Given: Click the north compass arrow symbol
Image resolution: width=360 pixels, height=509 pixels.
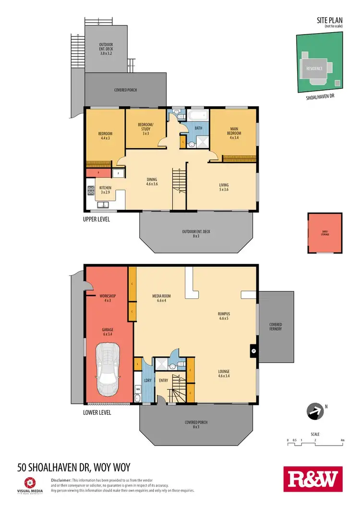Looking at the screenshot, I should (315, 411).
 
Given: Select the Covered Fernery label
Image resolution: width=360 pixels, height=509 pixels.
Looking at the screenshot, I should (275, 327).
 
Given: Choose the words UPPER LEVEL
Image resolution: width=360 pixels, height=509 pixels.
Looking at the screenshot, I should (96, 219).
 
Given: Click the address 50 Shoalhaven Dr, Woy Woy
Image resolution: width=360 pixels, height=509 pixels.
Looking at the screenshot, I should (73, 466).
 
